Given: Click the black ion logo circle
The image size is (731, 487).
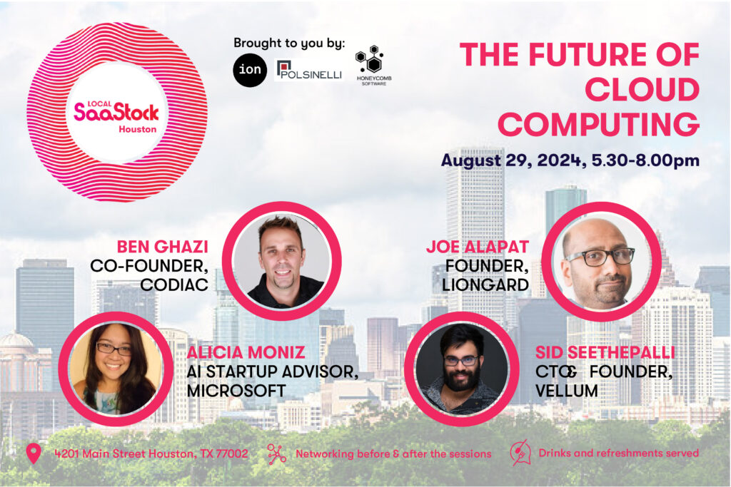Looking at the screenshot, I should pos(250,70).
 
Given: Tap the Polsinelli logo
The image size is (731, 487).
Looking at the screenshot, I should pos(309,69).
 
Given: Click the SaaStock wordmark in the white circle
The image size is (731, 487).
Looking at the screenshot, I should pos(116,111).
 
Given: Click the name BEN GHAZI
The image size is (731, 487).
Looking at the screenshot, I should pos(162,247).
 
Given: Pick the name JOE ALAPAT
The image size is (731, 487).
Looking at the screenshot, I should pos(478,247).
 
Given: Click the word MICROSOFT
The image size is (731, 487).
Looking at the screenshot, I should pos(236,390).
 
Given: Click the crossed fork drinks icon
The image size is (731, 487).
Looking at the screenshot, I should pos(520,453).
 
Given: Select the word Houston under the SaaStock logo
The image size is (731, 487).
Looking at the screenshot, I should pos(137,129).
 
